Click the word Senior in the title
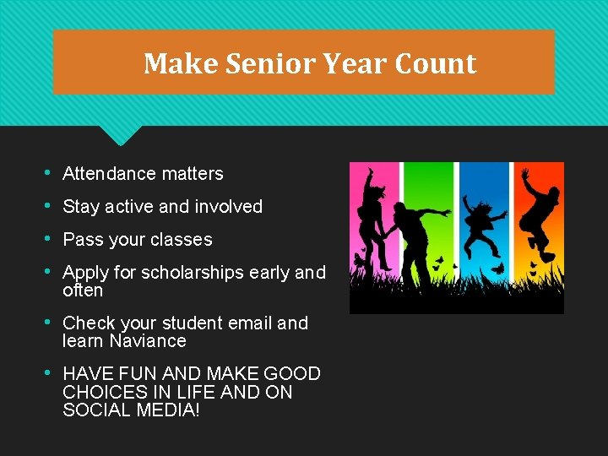point(271,63)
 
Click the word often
point(83,290)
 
